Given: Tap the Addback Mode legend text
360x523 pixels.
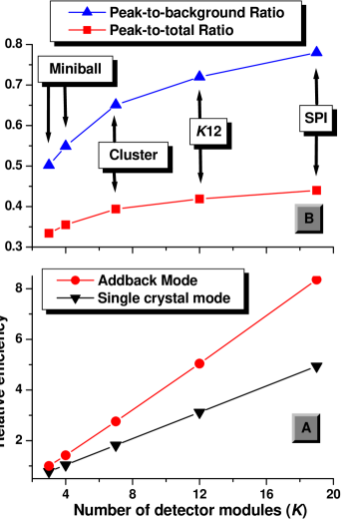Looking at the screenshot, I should tap(148, 280).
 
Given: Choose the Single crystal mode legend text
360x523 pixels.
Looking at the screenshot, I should tap(164, 297).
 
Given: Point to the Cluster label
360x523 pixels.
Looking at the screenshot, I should tap(133, 156).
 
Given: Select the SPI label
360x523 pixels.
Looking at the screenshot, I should tap(317, 119).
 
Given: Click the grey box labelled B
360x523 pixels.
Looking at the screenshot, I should tap(308, 218).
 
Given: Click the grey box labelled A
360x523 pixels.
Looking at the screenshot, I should tap(306, 427).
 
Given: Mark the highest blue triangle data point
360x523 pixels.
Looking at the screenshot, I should tap(316, 52).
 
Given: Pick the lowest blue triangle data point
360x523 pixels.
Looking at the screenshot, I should tap(48, 164).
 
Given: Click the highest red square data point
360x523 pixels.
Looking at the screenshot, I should tap(316, 190).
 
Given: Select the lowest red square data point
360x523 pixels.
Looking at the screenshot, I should tap(48, 234).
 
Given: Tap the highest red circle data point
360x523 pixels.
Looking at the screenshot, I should tap(316, 279).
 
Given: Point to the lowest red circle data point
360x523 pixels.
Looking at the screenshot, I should tap(48, 465).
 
